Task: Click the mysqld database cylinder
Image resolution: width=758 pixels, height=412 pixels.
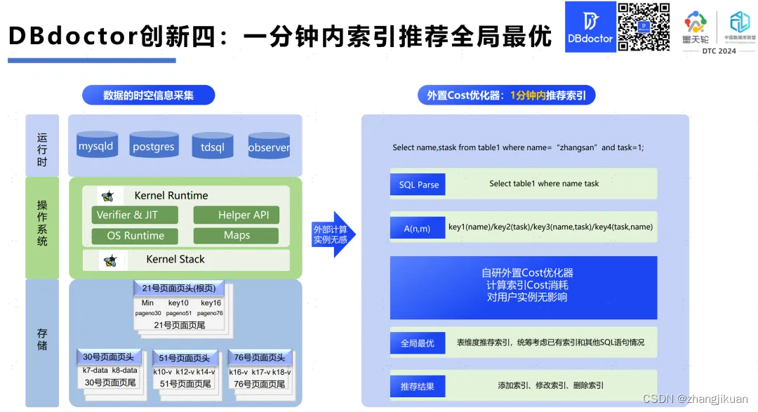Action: (x=95, y=146)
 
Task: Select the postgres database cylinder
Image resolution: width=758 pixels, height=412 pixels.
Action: (x=153, y=146)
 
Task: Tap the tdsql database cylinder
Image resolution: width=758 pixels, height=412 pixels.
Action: (x=212, y=147)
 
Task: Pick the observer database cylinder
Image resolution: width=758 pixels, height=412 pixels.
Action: (x=269, y=147)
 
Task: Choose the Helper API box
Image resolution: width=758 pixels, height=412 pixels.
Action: (x=237, y=215)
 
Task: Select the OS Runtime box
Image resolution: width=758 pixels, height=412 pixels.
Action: (x=134, y=236)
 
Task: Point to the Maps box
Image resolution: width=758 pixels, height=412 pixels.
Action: (x=237, y=236)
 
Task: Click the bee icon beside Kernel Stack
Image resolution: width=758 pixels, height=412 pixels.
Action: (x=109, y=260)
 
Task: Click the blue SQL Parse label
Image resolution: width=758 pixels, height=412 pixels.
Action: (x=418, y=185)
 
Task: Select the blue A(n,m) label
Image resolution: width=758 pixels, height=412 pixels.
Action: (x=418, y=228)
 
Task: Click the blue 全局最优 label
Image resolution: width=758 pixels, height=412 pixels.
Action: (x=418, y=343)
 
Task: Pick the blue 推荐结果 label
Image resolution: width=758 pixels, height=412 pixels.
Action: (x=418, y=386)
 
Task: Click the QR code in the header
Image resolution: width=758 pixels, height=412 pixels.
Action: (x=644, y=27)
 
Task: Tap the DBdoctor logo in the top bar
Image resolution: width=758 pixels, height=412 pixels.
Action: (x=590, y=27)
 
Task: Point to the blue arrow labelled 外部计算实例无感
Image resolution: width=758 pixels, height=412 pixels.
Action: (x=333, y=234)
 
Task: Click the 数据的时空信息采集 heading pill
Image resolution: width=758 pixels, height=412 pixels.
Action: (x=148, y=95)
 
